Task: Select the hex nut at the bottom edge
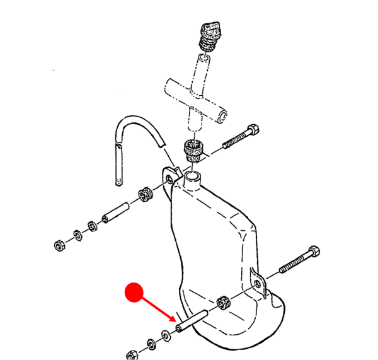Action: [133, 354]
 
